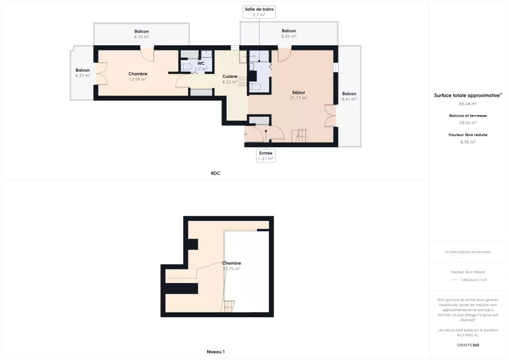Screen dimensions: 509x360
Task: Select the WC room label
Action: coord(201,63)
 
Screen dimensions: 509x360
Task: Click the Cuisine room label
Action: coord(230,76)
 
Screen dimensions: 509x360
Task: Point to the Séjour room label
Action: coord(299,92)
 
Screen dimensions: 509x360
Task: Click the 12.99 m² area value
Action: coord(137,79)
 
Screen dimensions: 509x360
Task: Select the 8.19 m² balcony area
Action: coord(142,37)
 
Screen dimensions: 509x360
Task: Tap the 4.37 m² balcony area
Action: coord(83,75)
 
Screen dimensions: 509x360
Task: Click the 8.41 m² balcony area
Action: coord(349,99)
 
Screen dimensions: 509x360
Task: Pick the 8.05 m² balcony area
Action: coord(289,36)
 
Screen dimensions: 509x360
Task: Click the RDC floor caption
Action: coord(215,173)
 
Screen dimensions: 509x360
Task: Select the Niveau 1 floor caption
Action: coord(215,351)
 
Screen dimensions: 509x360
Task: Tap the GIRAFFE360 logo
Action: coord(468,345)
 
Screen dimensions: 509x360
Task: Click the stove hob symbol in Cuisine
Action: coord(242,81)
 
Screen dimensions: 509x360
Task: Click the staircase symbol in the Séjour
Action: coord(299,136)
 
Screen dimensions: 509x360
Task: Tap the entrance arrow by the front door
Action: coord(245,134)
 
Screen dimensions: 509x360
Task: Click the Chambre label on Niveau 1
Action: coord(232,263)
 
